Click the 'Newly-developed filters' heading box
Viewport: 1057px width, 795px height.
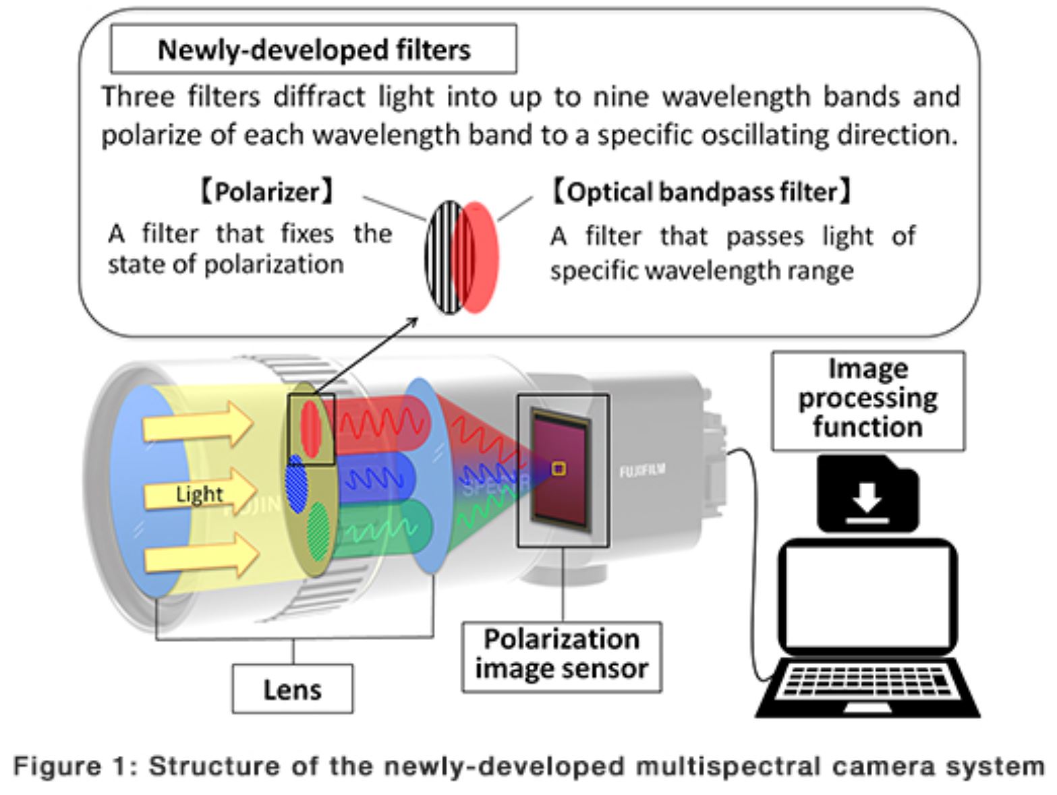tap(314, 49)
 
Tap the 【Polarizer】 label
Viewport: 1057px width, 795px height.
tap(266, 192)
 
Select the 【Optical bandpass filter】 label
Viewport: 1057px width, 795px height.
tap(702, 192)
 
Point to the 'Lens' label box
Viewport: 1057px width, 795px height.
tap(292, 689)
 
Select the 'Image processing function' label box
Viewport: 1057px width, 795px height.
tap(868, 400)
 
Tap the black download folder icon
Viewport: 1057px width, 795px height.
tap(867, 494)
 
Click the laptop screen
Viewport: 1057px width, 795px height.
tap(867, 596)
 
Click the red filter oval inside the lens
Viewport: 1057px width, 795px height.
tap(310, 428)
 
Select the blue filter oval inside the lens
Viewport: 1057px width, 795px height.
tap(297, 484)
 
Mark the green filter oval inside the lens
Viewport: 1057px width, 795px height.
tap(319, 529)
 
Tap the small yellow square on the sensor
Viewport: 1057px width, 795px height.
tap(559, 468)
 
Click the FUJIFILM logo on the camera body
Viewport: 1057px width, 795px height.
tap(641, 470)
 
